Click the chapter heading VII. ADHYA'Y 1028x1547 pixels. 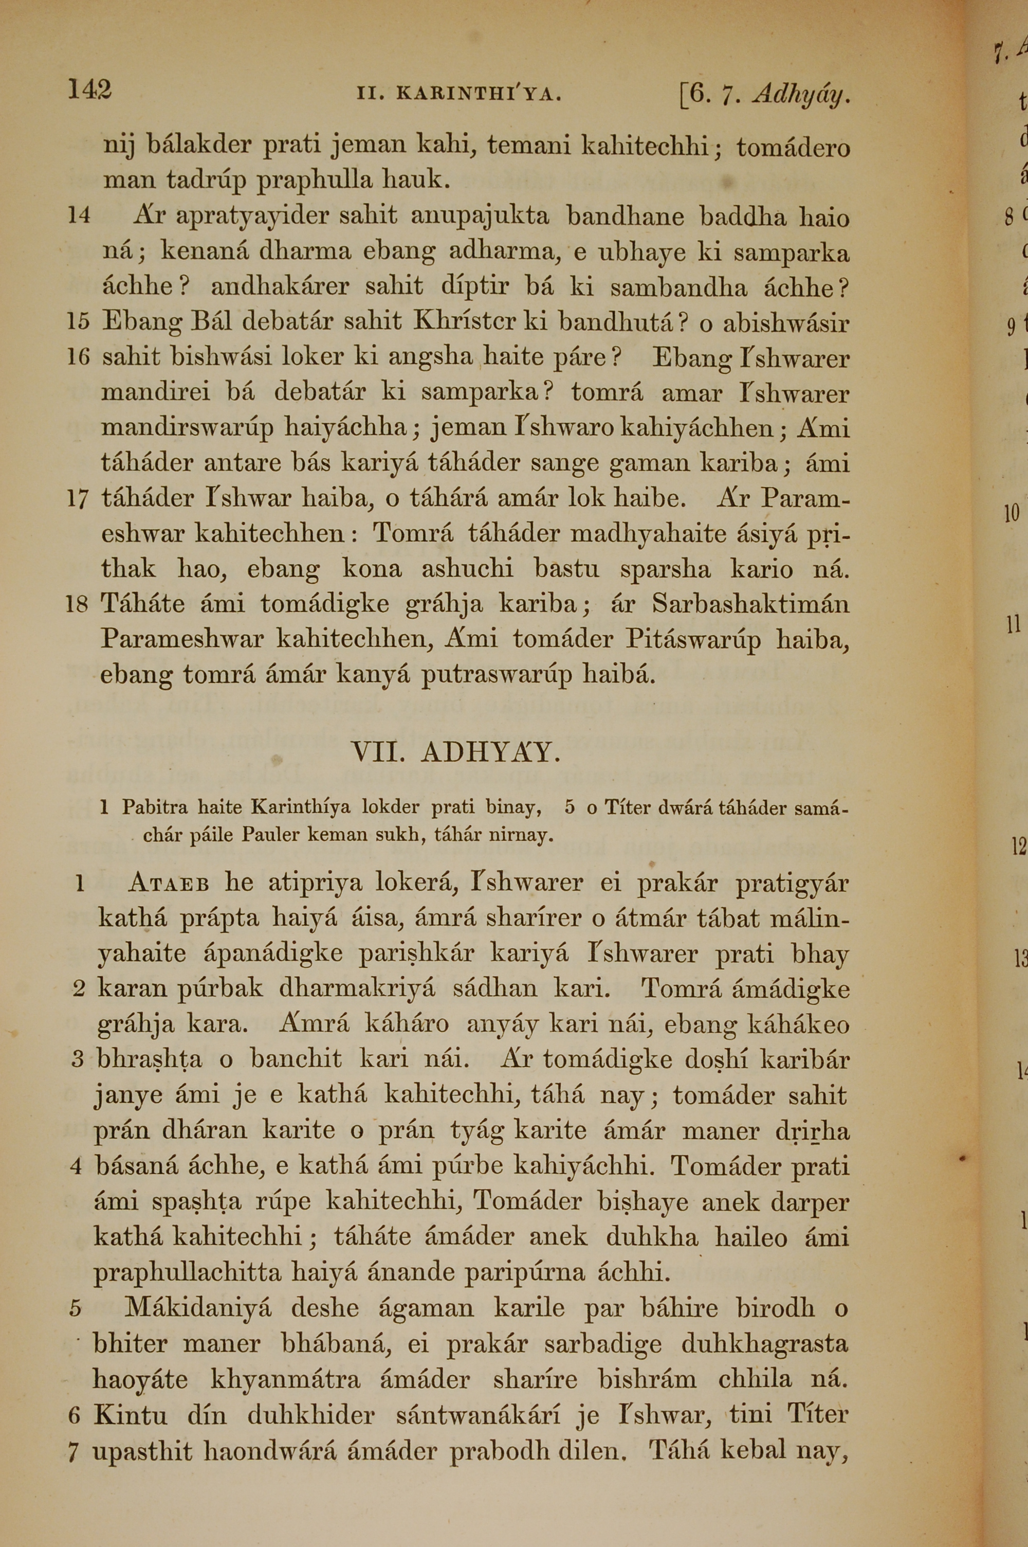[456, 753]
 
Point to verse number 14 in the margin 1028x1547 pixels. [79, 216]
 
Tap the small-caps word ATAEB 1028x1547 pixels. [169, 884]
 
